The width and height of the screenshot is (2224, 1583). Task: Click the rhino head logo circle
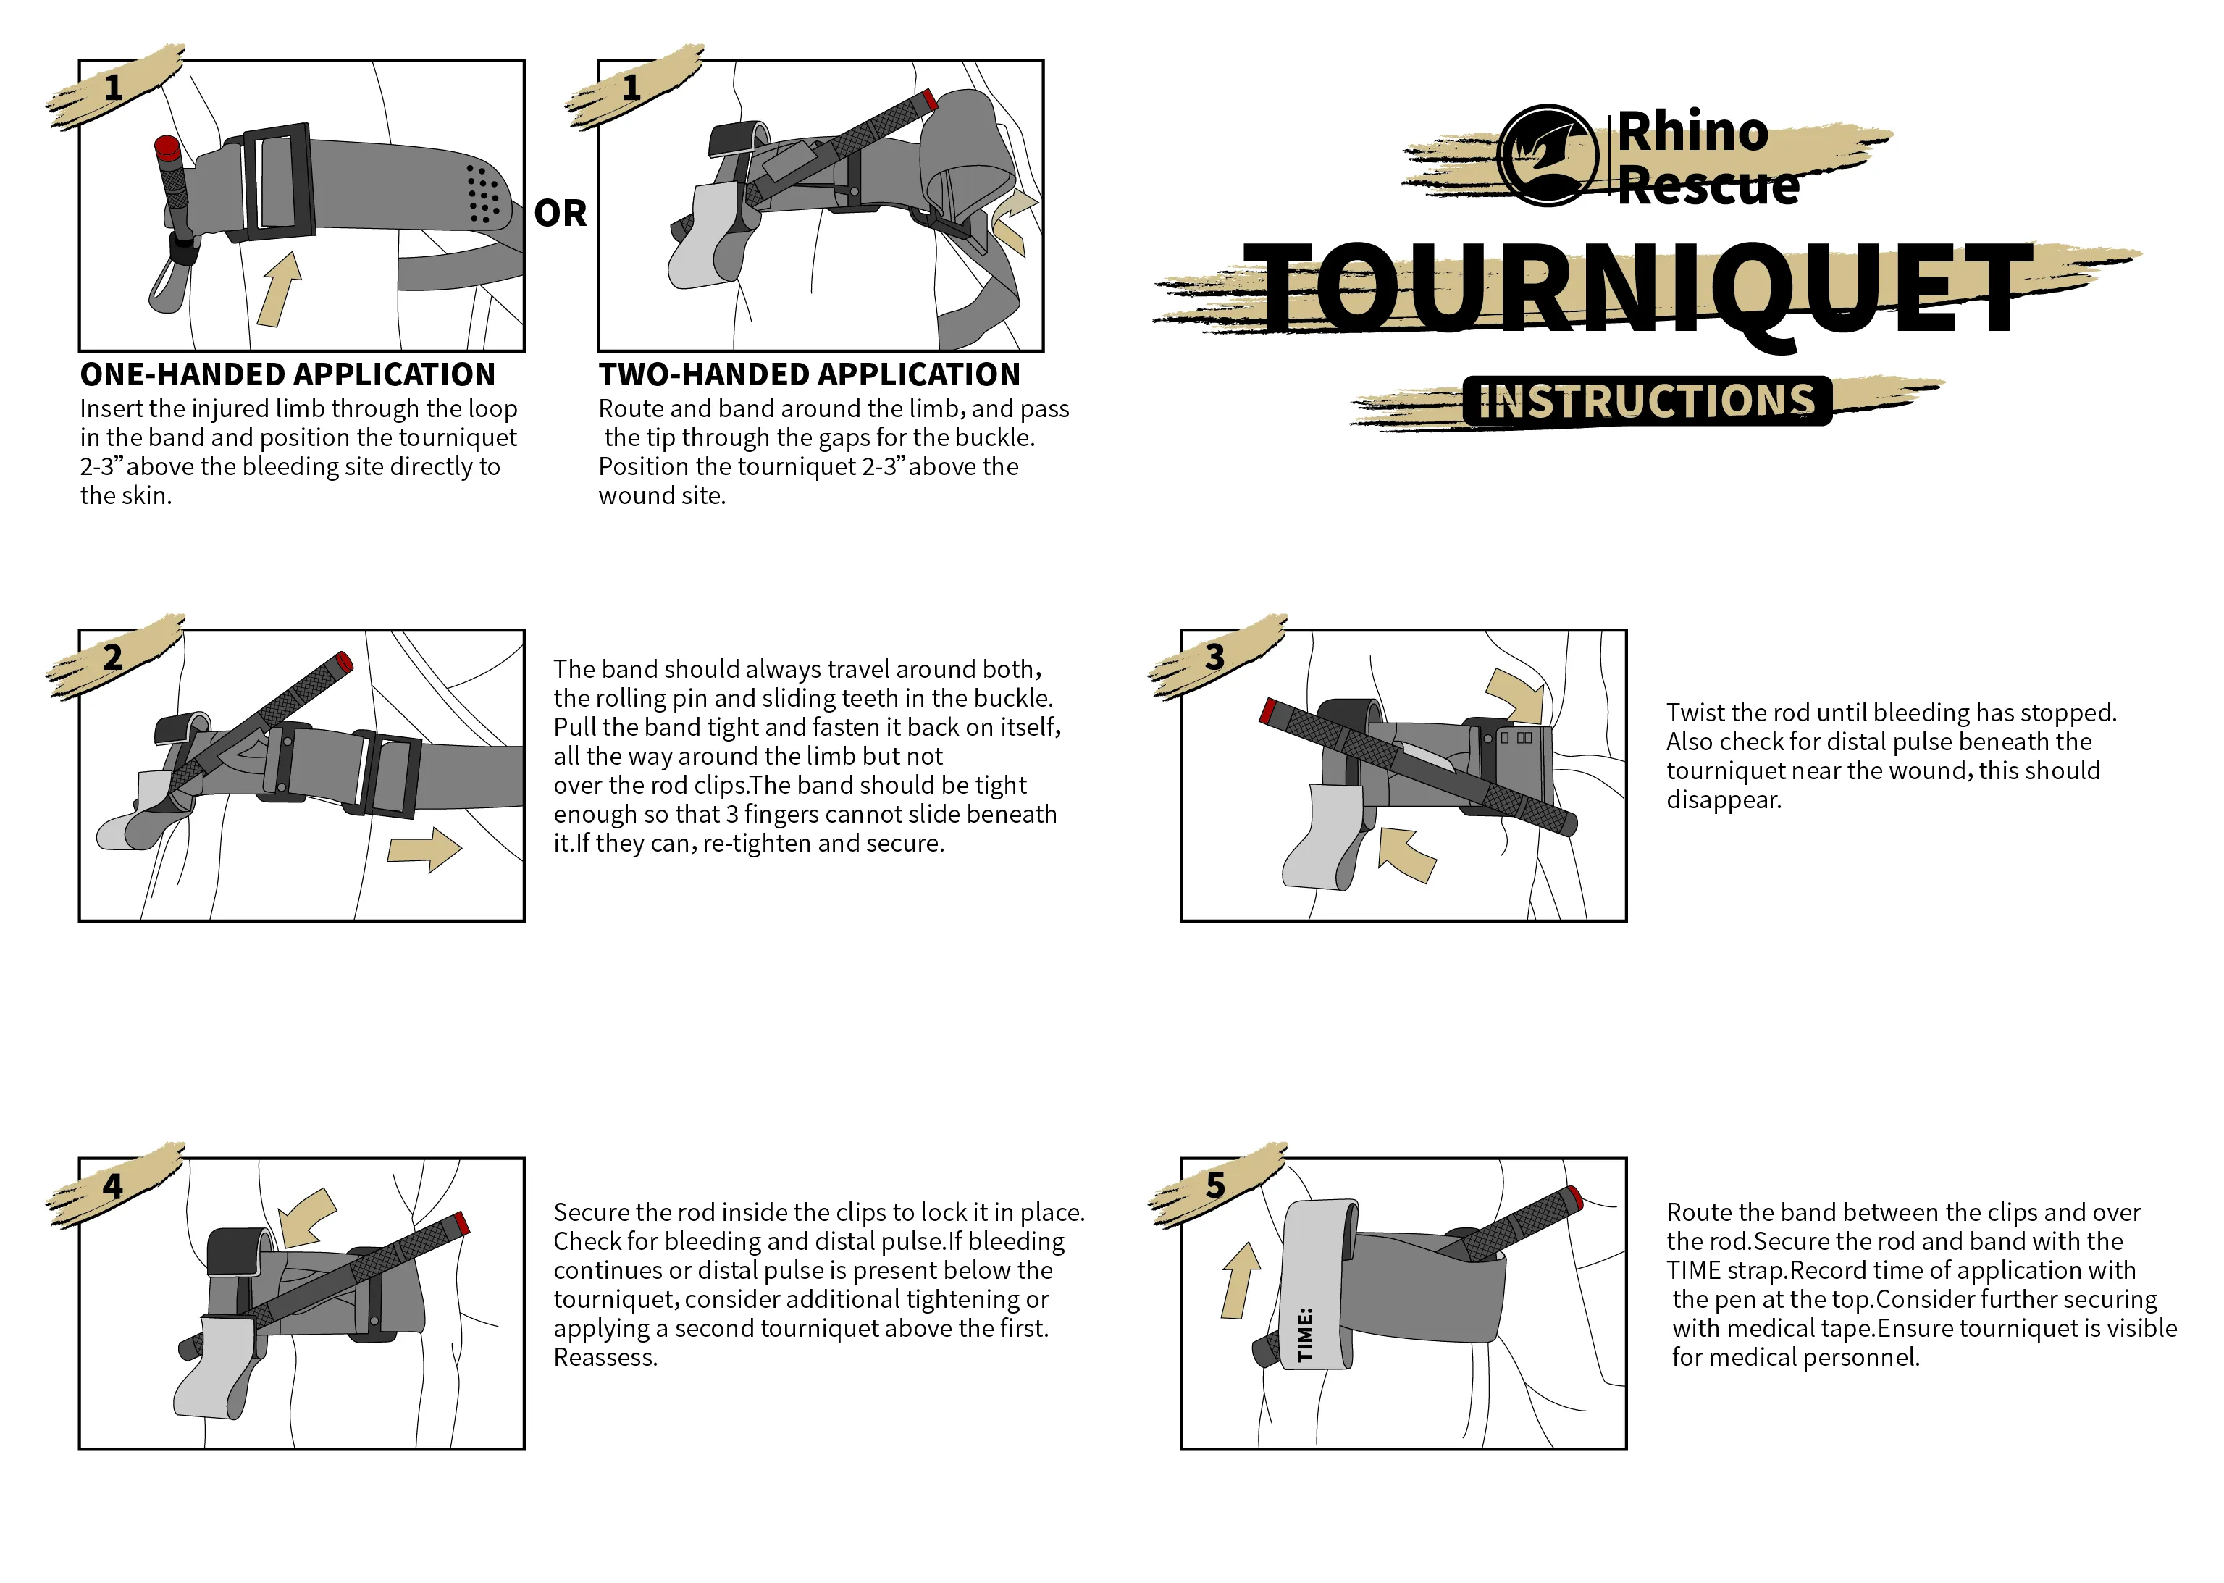pyautogui.click(x=1548, y=155)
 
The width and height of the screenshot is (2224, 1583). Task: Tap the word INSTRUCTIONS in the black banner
pyautogui.click(x=1647, y=400)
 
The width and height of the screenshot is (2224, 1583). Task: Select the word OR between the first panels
pyautogui.click(x=561, y=214)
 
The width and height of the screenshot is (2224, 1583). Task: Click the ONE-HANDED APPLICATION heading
pyautogui.click(x=288, y=374)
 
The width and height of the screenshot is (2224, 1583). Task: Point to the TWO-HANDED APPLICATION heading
pyautogui.click(x=809, y=374)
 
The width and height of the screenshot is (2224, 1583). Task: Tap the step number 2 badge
pyautogui.click(x=113, y=657)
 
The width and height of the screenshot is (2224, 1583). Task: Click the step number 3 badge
pyautogui.click(x=1214, y=657)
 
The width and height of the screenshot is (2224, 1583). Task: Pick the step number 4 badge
pyautogui.click(x=113, y=1186)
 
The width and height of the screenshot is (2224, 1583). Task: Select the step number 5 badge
pyautogui.click(x=1214, y=1185)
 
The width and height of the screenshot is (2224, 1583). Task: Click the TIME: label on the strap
pyautogui.click(x=1305, y=1333)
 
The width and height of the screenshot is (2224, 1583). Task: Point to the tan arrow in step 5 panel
pyautogui.click(x=1240, y=1280)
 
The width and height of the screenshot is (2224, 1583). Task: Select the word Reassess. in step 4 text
pyautogui.click(x=605, y=1357)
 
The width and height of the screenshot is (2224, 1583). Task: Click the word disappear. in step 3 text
pyautogui.click(x=1723, y=800)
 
